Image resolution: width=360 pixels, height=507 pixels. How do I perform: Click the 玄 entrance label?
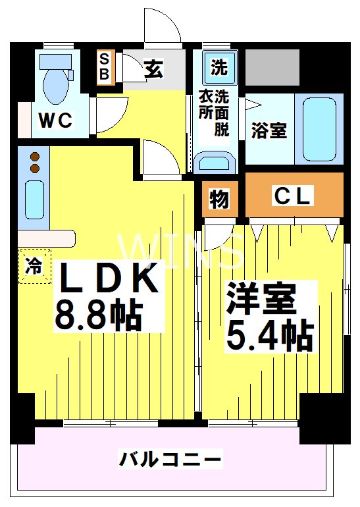pyautogui.click(x=153, y=68)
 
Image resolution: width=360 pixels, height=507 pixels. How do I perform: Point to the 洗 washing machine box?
pyautogui.click(x=219, y=67)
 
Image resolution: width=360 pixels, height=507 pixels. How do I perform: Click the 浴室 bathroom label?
pyautogui.click(x=269, y=130)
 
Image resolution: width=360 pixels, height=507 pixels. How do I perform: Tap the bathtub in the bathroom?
pyautogui.click(x=319, y=127)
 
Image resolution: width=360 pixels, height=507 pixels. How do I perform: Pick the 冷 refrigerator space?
pyautogui.click(x=34, y=267)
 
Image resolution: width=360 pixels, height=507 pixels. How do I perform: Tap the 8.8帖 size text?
pyautogui.click(x=99, y=315)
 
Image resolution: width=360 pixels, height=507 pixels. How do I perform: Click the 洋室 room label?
pyautogui.click(x=261, y=300)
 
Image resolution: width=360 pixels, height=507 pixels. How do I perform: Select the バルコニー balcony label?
pyautogui.click(x=170, y=459)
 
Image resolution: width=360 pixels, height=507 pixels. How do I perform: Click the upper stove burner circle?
pyautogui.click(x=35, y=157)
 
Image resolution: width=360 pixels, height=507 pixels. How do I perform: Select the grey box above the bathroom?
pyautogui.click(x=272, y=67)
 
